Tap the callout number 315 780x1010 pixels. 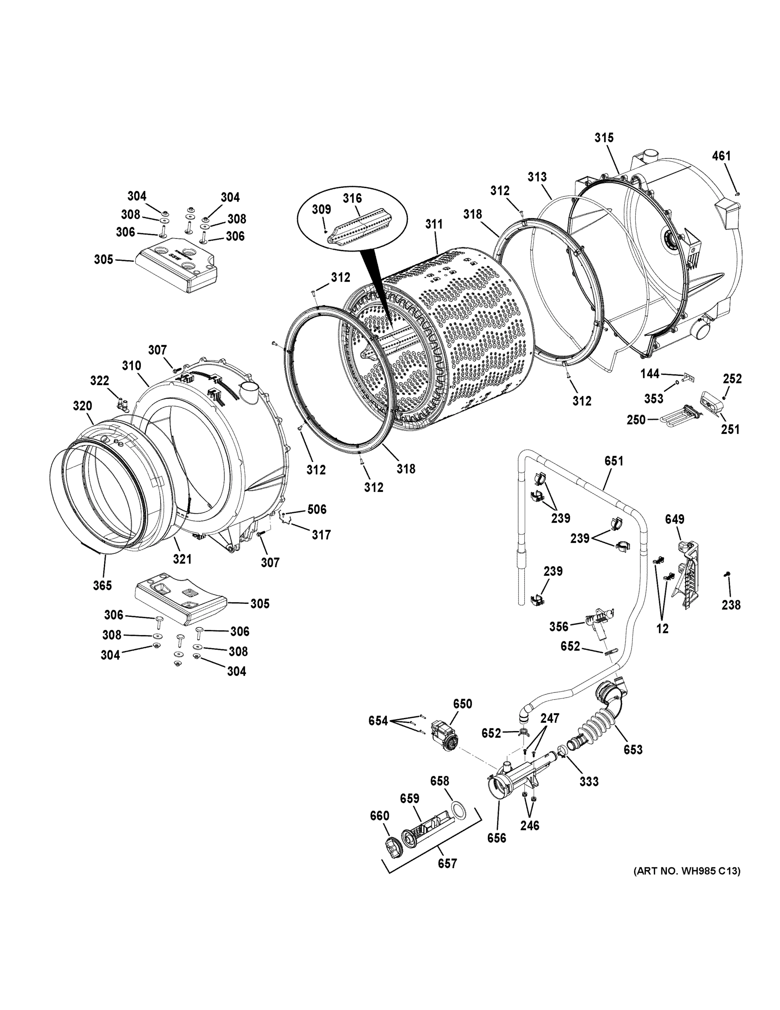pos(603,137)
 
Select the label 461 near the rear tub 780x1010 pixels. pos(721,156)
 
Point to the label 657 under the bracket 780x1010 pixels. pos(447,863)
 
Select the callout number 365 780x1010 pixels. pos(102,585)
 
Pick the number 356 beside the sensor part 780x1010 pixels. pos(559,626)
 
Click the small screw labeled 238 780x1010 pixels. pos(727,574)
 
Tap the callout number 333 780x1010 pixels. pos(589,781)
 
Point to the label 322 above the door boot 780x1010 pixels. pos(99,380)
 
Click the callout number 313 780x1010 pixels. pos(537,177)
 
